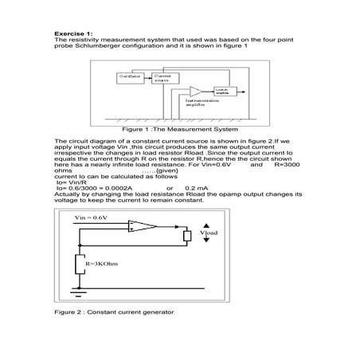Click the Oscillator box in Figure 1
click(130, 76)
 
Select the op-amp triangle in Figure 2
click(141, 228)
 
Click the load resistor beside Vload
click(188, 235)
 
